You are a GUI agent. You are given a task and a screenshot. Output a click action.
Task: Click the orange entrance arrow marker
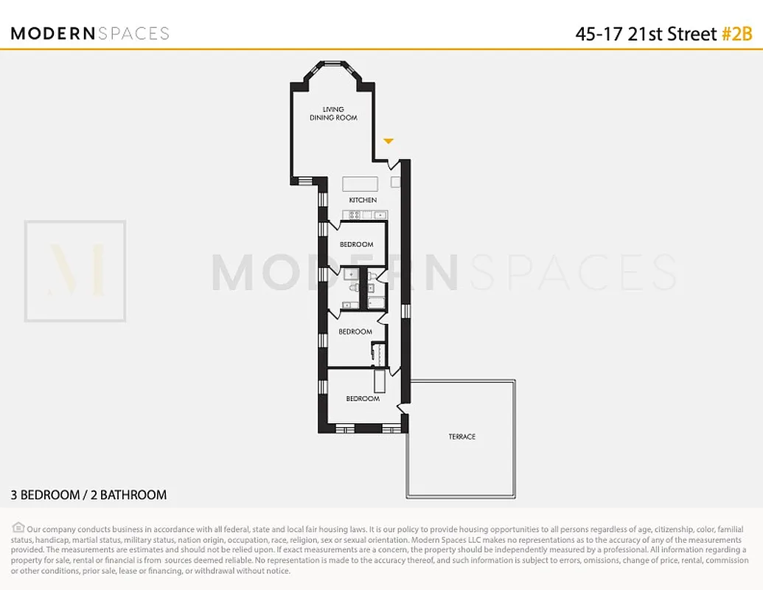pyautogui.click(x=389, y=141)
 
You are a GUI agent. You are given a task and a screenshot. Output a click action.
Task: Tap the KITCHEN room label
pyautogui.click(x=363, y=200)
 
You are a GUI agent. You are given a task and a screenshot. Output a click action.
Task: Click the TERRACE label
pyautogui.click(x=462, y=437)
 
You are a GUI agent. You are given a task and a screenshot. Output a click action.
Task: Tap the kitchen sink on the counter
pyautogui.click(x=379, y=215)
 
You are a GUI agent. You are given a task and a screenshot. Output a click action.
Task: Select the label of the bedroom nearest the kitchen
pyautogui.click(x=356, y=244)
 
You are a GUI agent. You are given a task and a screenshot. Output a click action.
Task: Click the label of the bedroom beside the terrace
pyautogui.click(x=363, y=399)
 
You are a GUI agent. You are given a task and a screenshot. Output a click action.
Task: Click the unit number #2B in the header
pyautogui.click(x=736, y=34)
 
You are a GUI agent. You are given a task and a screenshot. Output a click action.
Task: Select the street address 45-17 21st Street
pyautogui.click(x=646, y=34)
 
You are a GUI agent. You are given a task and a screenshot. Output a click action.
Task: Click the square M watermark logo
pyautogui.click(x=75, y=271)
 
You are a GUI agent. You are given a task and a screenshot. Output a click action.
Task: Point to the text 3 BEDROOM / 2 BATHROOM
pyautogui.click(x=88, y=495)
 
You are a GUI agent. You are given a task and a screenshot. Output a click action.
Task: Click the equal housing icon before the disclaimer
pyautogui.click(x=18, y=527)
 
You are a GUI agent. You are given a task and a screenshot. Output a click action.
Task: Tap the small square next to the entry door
pyautogui.click(x=395, y=181)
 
